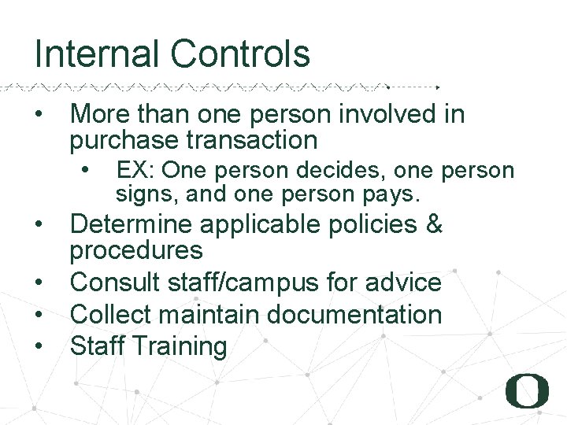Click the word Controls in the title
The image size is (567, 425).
pyautogui.click(x=240, y=54)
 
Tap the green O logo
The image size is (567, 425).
pyautogui.click(x=527, y=391)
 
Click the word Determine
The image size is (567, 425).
pyautogui.click(x=132, y=225)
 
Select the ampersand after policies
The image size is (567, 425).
pyautogui.click(x=434, y=225)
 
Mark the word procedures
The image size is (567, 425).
pyautogui.click(x=136, y=251)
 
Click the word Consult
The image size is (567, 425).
pyautogui.click(x=115, y=282)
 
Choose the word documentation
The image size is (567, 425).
pyautogui.click(x=354, y=314)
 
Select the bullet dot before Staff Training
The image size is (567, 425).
pyautogui.click(x=39, y=346)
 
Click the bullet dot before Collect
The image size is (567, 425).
pyautogui.click(x=39, y=314)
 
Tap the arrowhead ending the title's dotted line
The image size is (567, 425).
pyautogui.click(x=438, y=87)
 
